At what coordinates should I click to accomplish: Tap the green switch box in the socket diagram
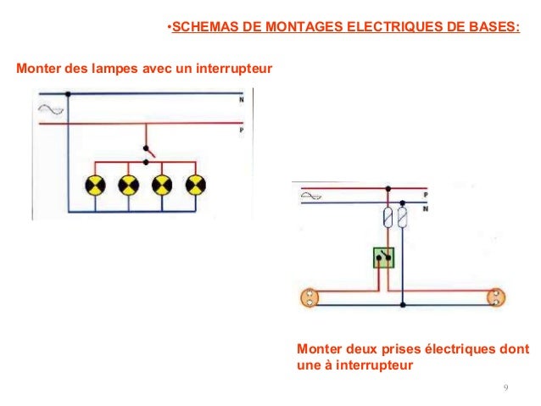click(x=385, y=258)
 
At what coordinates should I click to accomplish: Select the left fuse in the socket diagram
click(x=388, y=218)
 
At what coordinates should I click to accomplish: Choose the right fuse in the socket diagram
click(x=404, y=218)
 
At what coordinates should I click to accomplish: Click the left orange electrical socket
click(x=310, y=298)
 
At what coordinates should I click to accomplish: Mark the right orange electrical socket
click(x=495, y=298)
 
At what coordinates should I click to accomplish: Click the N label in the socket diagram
click(x=426, y=207)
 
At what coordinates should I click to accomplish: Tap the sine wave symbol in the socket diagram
click(x=310, y=199)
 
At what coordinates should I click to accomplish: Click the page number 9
click(x=505, y=388)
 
